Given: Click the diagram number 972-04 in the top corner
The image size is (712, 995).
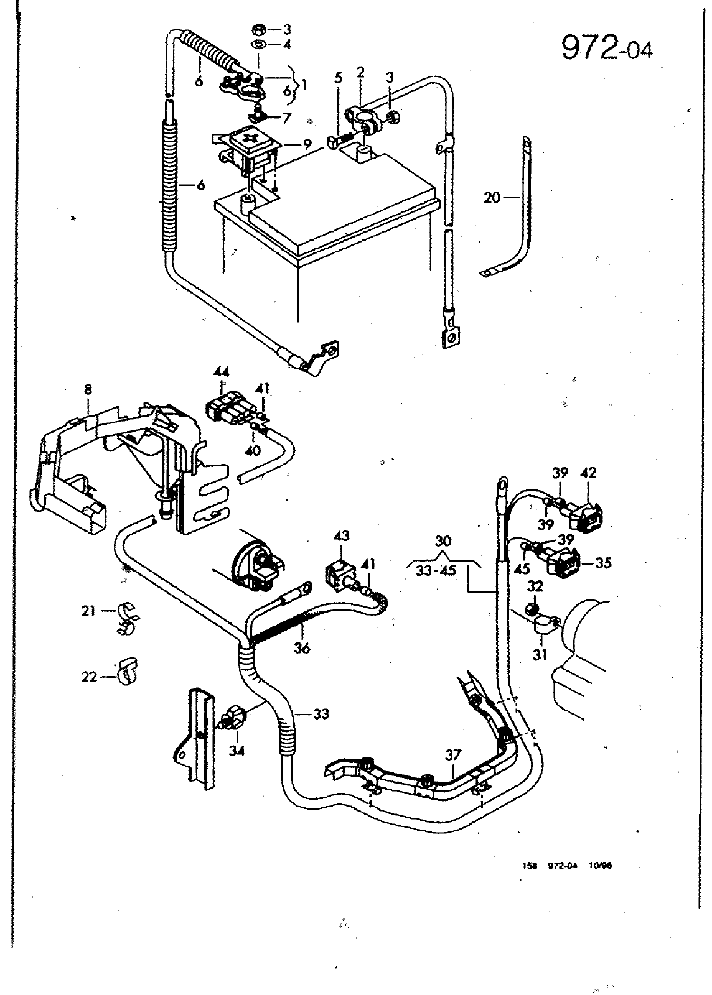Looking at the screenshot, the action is pyautogui.click(x=607, y=47).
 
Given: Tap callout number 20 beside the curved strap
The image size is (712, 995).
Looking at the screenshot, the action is pyautogui.click(x=492, y=197).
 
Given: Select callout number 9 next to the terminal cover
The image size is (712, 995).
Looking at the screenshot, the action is pyautogui.click(x=307, y=145).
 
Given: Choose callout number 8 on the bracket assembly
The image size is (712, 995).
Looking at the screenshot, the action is pyautogui.click(x=88, y=390).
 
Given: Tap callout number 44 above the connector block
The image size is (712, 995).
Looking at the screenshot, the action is pyautogui.click(x=222, y=371).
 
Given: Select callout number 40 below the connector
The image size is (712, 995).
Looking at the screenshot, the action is pyautogui.click(x=253, y=450).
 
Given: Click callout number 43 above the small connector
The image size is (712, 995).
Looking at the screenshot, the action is pyautogui.click(x=341, y=536).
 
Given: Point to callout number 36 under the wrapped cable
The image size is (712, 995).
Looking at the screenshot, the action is pyautogui.click(x=302, y=649).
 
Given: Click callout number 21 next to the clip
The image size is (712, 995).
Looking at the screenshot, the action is pyautogui.click(x=88, y=611).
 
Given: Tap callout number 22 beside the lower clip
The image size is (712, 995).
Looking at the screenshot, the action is pyautogui.click(x=89, y=677).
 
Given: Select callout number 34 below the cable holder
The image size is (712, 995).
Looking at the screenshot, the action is pyautogui.click(x=237, y=751).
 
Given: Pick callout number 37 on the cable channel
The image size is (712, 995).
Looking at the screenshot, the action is pyautogui.click(x=453, y=755).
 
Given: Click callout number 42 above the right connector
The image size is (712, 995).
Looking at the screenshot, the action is pyautogui.click(x=588, y=473).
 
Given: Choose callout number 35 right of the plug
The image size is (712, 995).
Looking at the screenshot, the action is pyautogui.click(x=603, y=563).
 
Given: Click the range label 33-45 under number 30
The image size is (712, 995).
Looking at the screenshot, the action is pyautogui.click(x=436, y=570).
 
